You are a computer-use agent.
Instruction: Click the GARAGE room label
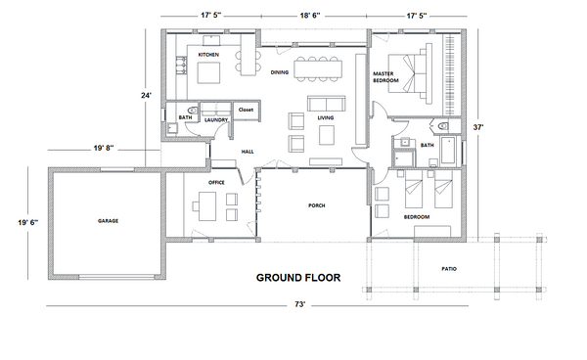pyautogui.click(x=109, y=221)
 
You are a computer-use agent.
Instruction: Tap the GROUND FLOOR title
pyautogui.click(x=298, y=278)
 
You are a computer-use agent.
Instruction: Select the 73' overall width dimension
pyautogui.click(x=299, y=304)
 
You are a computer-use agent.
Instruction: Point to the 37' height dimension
pyautogui.click(x=478, y=127)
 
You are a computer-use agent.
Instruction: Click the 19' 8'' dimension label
pyautogui.click(x=104, y=148)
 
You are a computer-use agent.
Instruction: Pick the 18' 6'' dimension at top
pyautogui.click(x=310, y=16)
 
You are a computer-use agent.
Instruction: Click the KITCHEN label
pyautogui.click(x=208, y=55)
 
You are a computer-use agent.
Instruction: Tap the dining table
pyautogui.click(x=318, y=69)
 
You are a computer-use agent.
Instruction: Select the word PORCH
pyautogui.click(x=317, y=205)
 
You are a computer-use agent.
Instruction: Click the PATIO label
pyautogui.click(x=449, y=269)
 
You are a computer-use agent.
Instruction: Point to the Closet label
pyautogui.click(x=246, y=110)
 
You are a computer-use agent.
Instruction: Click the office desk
pyautogui.click(x=207, y=206)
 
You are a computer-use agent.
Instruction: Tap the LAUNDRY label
pyautogui.click(x=216, y=119)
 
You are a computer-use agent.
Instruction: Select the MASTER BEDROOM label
pyautogui.click(x=385, y=77)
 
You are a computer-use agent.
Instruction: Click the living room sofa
pyautogui.click(x=326, y=104)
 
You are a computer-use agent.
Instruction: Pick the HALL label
pyautogui.click(x=248, y=152)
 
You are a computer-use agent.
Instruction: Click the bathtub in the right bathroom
pyautogui.click(x=448, y=150)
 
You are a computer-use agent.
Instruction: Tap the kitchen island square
pyautogui.click(x=209, y=72)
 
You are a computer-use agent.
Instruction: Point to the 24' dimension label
pyautogui.click(x=147, y=96)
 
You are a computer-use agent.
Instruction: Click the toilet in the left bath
pyautogui.click(x=194, y=111)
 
